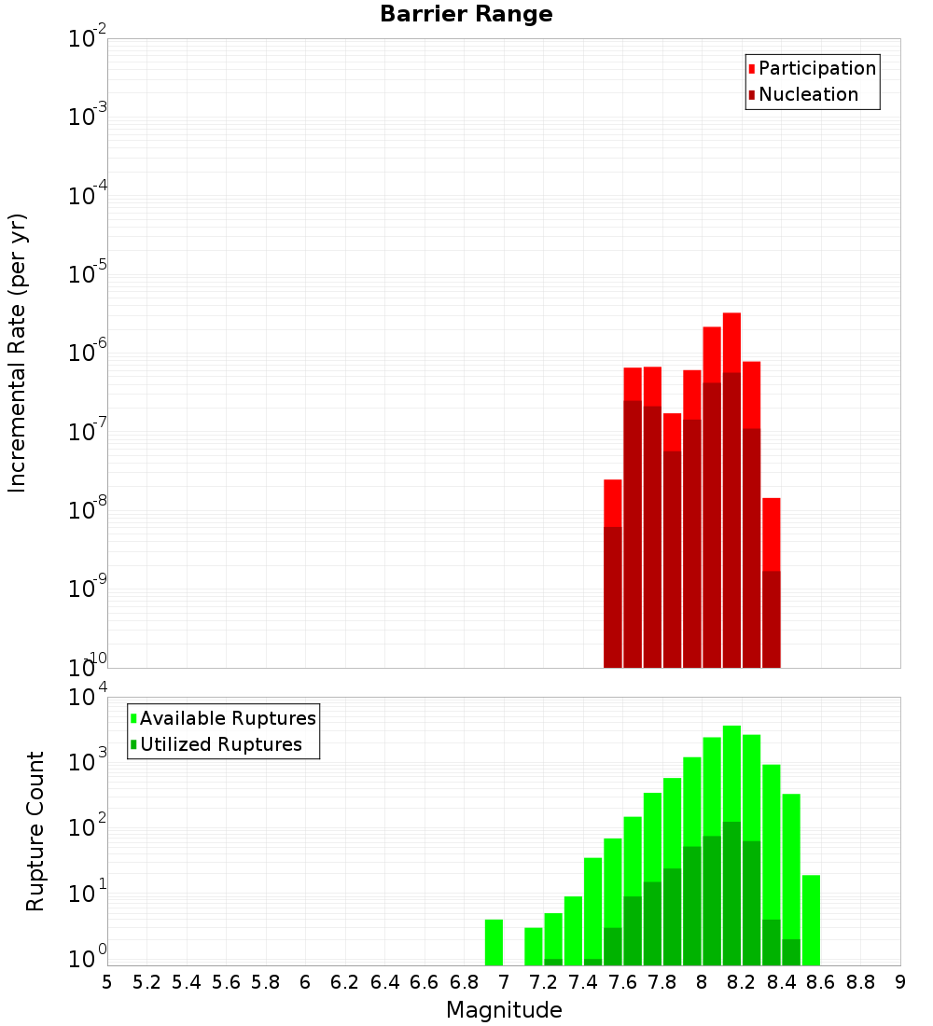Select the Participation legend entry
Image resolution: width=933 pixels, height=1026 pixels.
tap(816, 68)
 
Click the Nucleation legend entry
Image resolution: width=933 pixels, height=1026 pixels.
tap(807, 94)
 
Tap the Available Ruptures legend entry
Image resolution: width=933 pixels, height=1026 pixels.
tap(227, 718)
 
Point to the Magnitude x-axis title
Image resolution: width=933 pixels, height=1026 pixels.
tap(504, 1010)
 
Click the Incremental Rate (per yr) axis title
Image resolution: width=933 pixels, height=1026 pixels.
tap(18, 353)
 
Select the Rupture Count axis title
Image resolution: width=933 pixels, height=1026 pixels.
tap(35, 830)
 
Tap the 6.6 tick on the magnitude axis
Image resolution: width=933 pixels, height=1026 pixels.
tap(425, 982)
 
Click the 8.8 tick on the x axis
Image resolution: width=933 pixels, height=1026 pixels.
tap(860, 982)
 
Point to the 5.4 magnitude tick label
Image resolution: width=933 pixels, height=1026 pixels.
tap(187, 982)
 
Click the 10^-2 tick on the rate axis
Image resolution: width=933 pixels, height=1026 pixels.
tap(88, 39)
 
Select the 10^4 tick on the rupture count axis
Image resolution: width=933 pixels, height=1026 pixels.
tap(88, 698)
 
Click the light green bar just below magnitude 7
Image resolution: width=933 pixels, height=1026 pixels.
tap(494, 942)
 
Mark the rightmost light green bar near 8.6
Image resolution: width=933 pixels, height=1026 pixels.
tap(811, 919)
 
